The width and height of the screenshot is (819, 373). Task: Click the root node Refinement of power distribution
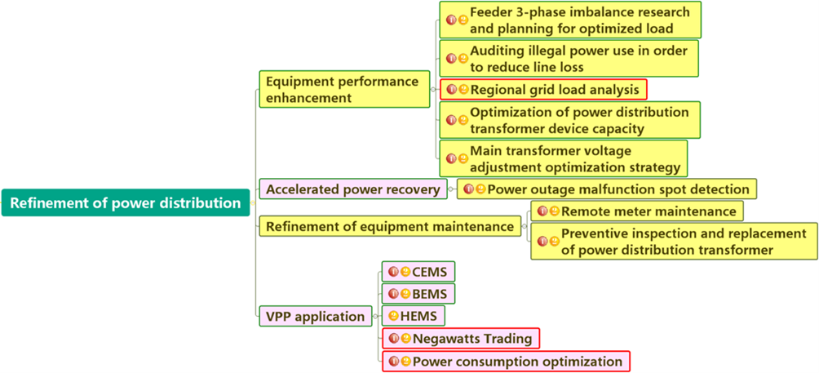pos(126,203)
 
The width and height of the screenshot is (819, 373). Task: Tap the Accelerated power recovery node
pos(352,189)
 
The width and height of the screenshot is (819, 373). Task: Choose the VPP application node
pos(315,316)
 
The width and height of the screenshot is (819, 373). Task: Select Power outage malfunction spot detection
pos(607,189)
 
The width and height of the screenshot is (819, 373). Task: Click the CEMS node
pos(418,271)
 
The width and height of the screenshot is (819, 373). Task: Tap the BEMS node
pos(418,293)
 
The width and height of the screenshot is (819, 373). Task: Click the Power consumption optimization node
pos(506,361)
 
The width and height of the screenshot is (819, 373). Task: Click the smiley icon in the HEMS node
pos(393,316)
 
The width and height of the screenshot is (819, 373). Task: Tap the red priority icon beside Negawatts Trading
pos(394,338)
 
